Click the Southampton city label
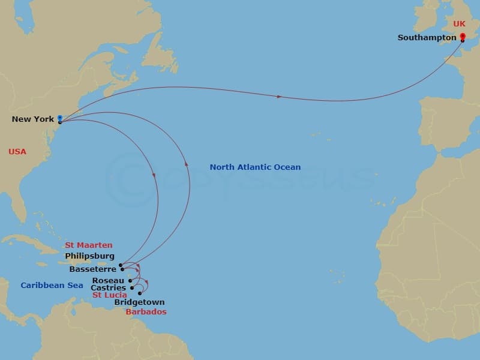pos(427,38)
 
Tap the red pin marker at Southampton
pos(462,37)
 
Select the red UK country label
pos(459,23)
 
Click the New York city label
pos(33,119)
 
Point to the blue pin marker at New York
pos(60,118)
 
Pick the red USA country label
pos(17,152)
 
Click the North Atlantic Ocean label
pos(255,167)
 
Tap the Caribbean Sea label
pos(52,286)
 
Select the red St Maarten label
pos(89,245)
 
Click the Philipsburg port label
pos(89,256)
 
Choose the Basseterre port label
pos(92,269)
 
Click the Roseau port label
pos(108,280)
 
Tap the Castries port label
pos(108,288)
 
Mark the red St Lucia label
pos(109,295)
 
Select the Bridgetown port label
pos(139,302)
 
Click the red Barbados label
pos(146,312)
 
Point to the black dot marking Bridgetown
pos(140,293)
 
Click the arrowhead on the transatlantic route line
pos(279,96)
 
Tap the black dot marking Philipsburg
pos(121,264)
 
